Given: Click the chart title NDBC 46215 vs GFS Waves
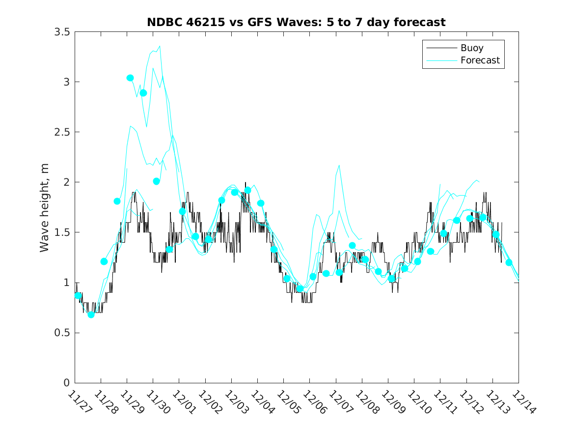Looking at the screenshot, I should (x=296, y=23).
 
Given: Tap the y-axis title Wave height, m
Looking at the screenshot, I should (x=45, y=207).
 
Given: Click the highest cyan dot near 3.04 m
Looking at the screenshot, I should (x=130, y=78).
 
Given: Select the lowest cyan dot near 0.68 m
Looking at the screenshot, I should (x=91, y=315).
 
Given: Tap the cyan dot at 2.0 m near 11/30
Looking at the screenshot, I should (x=156, y=181).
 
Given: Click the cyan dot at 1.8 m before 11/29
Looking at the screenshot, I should (x=117, y=201).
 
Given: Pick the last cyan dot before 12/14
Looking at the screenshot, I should (x=509, y=262).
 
